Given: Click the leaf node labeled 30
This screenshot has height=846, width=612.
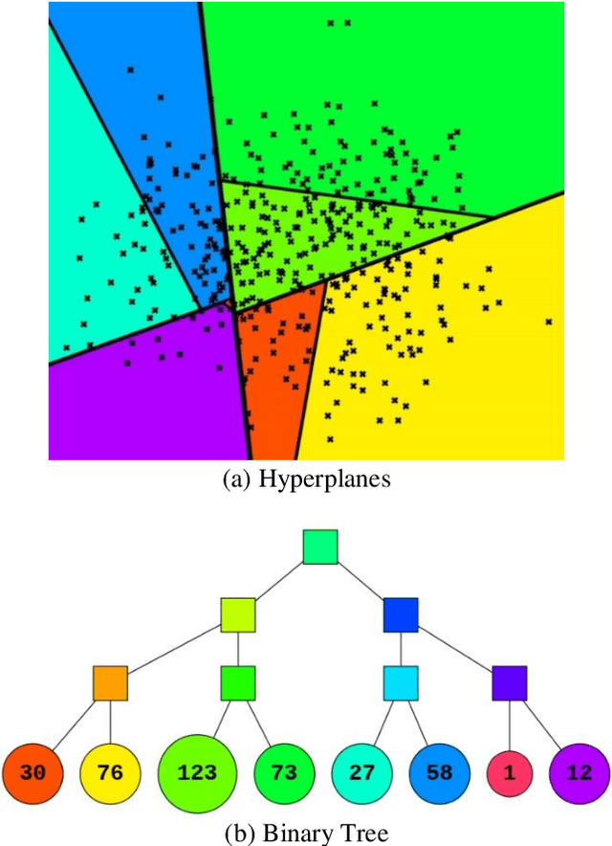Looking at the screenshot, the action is (32, 772).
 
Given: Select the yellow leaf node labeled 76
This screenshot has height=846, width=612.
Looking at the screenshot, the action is (111, 772).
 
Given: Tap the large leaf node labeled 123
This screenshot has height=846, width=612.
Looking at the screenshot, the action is (197, 772).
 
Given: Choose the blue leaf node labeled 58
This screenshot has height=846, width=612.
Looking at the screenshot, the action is (438, 772).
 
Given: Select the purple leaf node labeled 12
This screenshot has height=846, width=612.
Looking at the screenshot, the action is (579, 772).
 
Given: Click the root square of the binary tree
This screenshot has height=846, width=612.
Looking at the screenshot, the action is (320, 546).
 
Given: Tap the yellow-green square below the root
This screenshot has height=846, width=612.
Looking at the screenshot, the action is (237, 614).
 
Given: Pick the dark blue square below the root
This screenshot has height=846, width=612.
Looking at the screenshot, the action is (401, 614).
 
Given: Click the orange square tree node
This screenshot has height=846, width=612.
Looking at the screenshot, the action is (110, 683).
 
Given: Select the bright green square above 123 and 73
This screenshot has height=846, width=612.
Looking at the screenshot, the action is (237, 683).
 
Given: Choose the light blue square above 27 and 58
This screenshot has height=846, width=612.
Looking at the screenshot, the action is (401, 683).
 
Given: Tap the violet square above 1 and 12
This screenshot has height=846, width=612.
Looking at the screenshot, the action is (510, 683).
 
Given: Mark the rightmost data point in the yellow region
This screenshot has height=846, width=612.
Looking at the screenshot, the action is (549, 322).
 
